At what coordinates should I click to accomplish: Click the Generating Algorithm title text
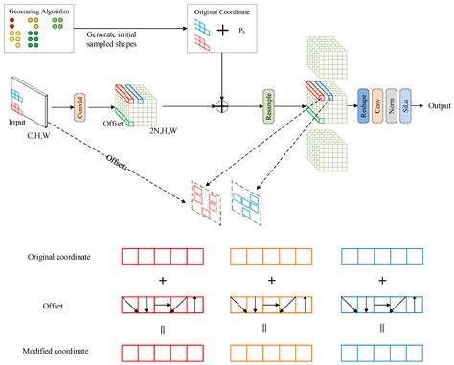click(x=39, y=11)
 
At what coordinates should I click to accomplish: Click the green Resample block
click(x=268, y=100)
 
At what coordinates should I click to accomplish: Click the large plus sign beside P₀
click(x=223, y=31)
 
